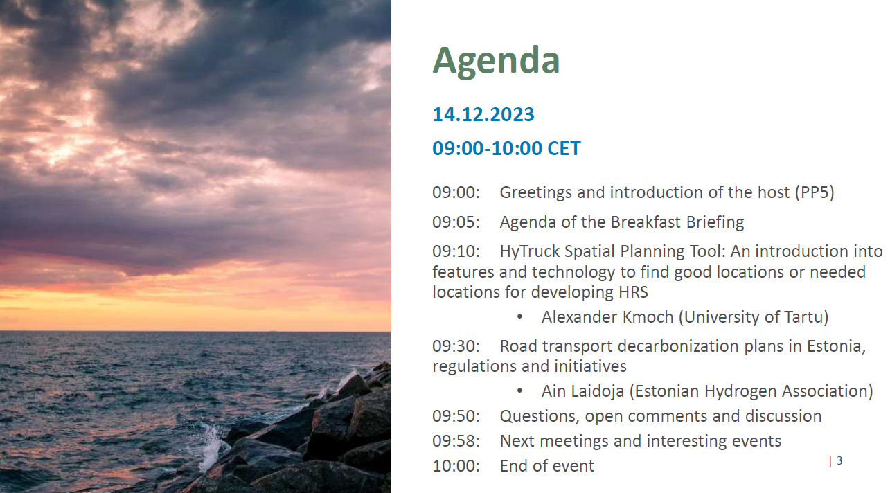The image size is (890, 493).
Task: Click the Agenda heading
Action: coord(497,61)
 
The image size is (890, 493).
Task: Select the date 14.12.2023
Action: coord(483,114)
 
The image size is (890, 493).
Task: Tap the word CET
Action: coord(564,148)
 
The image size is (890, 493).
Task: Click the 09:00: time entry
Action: coord(456,192)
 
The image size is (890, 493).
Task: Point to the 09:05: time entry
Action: coord(456,222)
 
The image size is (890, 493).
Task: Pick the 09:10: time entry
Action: coord(456,251)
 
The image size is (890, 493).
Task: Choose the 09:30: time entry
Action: coord(456,346)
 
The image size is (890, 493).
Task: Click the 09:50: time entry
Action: coord(456,416)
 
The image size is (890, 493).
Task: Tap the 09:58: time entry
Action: coord(456,441)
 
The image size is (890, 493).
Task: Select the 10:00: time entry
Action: coord(456,466)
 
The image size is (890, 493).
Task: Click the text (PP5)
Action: coord(815,192)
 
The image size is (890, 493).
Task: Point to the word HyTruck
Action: coord(530,252)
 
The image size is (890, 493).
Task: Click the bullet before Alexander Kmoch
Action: coord(519,317)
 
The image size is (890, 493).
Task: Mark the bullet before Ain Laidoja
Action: coord(519,391)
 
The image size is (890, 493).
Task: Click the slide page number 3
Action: coord(839,460)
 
